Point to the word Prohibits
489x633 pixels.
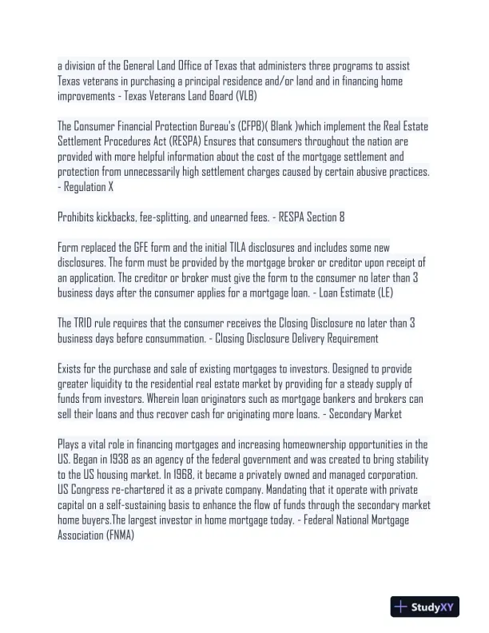click(x=77, y=217)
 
